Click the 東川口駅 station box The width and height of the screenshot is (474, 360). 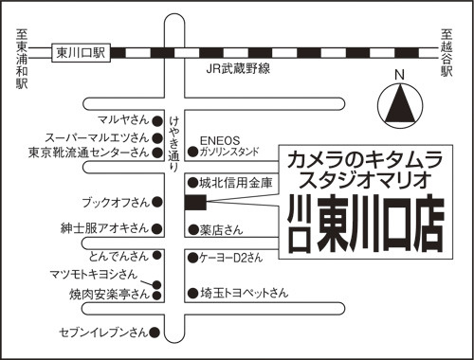pos(81,53)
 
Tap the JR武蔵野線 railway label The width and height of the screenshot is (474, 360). pos(238,69)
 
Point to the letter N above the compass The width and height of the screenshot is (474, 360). pos(400,75)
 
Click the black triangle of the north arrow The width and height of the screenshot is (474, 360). pos(401,103)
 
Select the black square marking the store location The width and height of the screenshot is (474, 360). pos(195,203)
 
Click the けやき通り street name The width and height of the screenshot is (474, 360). pos(174,144)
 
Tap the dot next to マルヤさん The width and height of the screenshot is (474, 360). pos(157,121)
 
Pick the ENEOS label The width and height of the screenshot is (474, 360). pos(220,140)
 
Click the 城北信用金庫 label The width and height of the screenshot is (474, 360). pos(235,183)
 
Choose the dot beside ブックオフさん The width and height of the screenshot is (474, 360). pos(157,202)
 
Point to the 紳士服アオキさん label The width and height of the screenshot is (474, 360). pos(104,228)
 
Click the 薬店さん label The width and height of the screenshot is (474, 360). pos(221,230)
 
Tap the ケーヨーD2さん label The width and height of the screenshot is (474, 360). pos(231,258)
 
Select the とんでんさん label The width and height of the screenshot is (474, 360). pos(118,256)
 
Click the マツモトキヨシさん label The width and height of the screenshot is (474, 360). pos(94,274)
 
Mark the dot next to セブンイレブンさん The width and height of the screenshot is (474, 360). pos(155,332)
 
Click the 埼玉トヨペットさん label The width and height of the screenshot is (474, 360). pos(245,293)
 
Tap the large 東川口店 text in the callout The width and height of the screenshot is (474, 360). pos(380,224)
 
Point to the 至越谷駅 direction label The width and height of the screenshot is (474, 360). pos(447,53)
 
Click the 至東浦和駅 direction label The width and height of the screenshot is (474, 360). pos(22,59)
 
